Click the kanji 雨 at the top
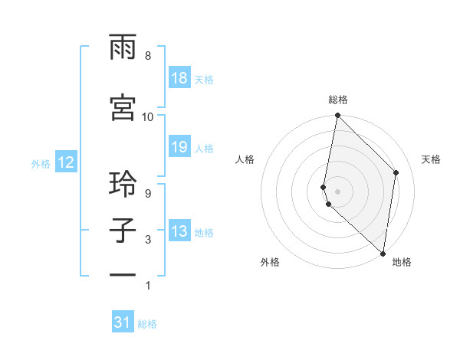tap(123, 50)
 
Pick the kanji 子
tap(123, 232)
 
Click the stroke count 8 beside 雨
tap(148, 56)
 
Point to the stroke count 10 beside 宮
tap(148, 116)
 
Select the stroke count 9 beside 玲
tap(148, 194)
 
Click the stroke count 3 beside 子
tap(148, 240)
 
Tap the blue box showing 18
tap(179, 78)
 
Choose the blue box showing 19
tap(179, 147)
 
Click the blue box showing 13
tap(179, 231)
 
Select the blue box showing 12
tap(65, 162)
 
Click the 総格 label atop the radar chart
tap(338, 100)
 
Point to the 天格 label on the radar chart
tap(432, 159)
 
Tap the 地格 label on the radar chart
tap(402, 262)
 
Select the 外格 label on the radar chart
tap(270, 262)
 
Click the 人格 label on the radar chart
tap(245, 159)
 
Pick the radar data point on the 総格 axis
tap(338, 116)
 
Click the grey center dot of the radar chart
tap(338, 191)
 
